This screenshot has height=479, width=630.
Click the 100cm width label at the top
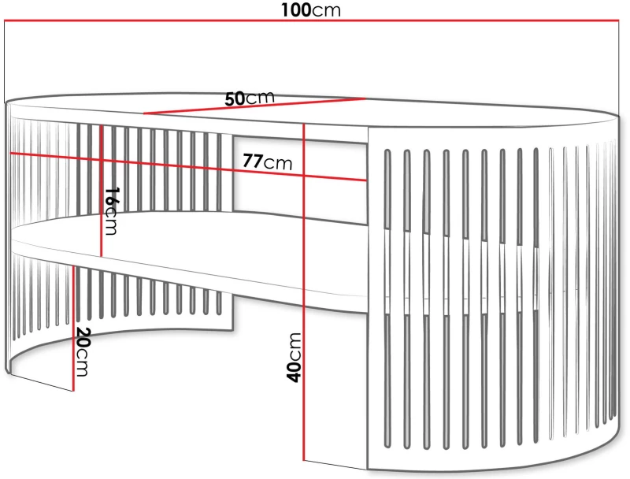(310, 9)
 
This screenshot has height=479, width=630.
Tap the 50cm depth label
(250, 98)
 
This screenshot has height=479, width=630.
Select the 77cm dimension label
(268, 162)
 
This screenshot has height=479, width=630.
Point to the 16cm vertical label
(111, 210)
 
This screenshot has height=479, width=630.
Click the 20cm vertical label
(83, 352)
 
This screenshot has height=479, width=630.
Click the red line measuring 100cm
(311, 20)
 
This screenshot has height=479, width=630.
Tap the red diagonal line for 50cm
(254, 106)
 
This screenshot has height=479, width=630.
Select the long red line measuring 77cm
(188, 167)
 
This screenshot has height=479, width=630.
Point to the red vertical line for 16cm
(101, 191)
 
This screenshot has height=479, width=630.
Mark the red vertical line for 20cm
(74, 328)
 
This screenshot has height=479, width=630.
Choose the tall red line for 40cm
(304, 292)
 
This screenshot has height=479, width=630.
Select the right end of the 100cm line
(619, 20)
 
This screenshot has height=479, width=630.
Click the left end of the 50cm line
(144, 113)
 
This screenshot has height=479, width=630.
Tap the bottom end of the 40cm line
(304, 460)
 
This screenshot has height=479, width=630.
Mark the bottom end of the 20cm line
(74, 391)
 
